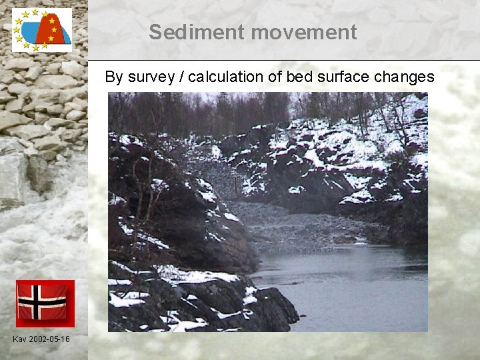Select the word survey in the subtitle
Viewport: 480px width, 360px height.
pyautogui.click(x=148, y=77)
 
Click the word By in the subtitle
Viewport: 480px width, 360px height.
pyautogui.click(x=113, y=77)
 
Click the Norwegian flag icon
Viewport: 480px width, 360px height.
pyautogui.click(x=45, y=303)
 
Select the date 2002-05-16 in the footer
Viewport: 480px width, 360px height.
pyautogui.click(x=50, y=340)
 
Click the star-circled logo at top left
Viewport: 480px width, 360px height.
pyautogui.click(x=41, y=30)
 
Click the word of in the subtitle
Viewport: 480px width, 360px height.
pyautogui.click(x=275, y=77)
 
